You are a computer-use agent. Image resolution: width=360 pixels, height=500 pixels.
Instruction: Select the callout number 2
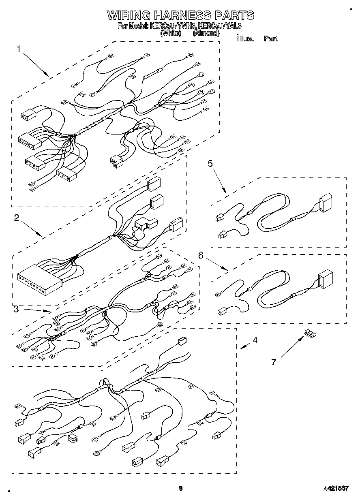(x=16, y=218)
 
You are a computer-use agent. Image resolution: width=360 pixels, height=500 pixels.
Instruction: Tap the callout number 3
(x=16, y=310)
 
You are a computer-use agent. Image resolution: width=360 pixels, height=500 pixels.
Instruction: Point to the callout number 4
(x=255, y=340)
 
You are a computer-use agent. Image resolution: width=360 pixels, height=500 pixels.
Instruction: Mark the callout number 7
(x=274, y=362)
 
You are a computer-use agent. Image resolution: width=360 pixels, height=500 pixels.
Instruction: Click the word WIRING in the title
(x=129, y=15)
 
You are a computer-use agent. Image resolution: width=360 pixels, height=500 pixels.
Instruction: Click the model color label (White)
(x=168, y=33)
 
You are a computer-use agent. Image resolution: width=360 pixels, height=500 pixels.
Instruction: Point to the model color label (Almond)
(x=206, y=33)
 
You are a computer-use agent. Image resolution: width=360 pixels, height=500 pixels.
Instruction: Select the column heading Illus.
(x=245, y=39)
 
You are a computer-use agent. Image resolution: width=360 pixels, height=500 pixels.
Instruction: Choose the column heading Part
(x=271, y=39)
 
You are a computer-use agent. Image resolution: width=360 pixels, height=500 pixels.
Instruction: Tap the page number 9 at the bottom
(x=181, y=488)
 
